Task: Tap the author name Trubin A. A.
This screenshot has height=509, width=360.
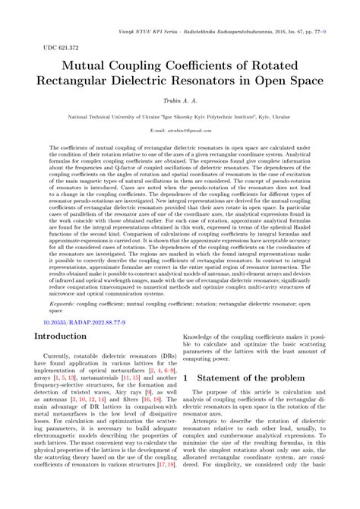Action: [180, 100]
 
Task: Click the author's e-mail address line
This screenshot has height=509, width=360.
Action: [180, 130]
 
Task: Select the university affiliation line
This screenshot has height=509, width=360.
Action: [180, 118]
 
